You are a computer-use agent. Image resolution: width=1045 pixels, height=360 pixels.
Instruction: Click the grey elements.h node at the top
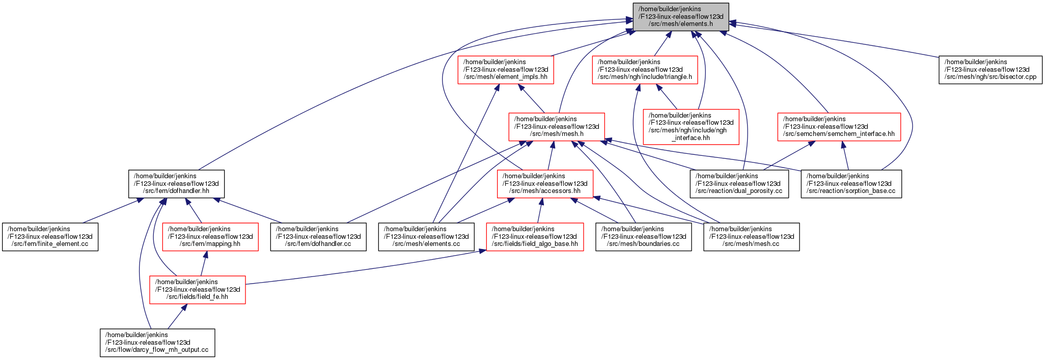(681, 17)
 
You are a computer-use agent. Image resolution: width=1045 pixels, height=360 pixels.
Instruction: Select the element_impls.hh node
(506, 70)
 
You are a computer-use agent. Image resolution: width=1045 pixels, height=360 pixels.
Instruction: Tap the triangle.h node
(645, 70)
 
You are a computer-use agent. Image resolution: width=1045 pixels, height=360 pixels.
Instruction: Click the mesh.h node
(557, 127)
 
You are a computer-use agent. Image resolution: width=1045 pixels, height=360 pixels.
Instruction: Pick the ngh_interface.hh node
(691, 127)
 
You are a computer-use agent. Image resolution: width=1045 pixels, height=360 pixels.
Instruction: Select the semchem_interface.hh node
(839, 127)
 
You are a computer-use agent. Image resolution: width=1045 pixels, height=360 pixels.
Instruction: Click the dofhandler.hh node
(176, 184)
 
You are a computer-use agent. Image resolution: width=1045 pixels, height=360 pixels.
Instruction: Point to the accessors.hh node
(545, 184)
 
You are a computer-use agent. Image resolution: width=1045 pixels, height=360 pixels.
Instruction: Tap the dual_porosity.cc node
(739, 184)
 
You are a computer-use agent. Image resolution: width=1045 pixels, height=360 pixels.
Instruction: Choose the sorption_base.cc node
(851, 184)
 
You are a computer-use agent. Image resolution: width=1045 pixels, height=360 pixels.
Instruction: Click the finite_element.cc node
(50, 237)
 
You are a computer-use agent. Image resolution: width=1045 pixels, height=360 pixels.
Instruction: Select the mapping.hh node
(210, 237)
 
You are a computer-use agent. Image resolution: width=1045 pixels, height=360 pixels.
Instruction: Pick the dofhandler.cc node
(318, 237)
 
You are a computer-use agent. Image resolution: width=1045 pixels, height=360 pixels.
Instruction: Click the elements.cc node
(426, 237)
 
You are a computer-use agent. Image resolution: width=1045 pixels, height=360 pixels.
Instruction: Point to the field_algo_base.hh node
(535, 237)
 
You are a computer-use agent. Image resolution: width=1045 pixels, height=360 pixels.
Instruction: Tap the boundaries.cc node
(644, 237)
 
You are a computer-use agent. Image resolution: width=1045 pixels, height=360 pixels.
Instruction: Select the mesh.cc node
(752, 237)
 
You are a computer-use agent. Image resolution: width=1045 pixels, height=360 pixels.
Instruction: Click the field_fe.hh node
(198, 290)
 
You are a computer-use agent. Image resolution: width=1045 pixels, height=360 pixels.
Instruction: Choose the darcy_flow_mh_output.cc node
(157, 343)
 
